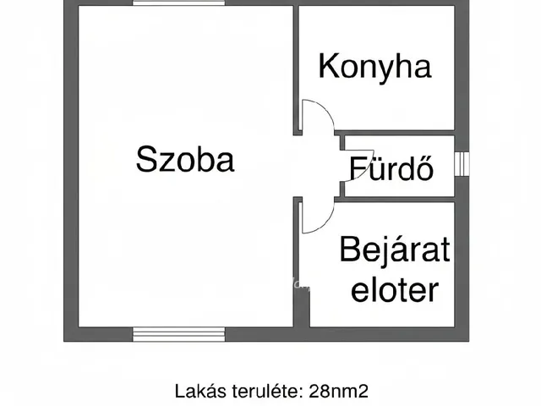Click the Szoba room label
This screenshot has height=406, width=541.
pos(184,159)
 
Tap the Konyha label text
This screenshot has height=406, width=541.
pos(374,66)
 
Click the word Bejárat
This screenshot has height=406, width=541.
pos(395,250)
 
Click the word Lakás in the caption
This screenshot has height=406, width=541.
pos(199,391)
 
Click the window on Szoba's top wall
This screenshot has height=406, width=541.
pos(179,3)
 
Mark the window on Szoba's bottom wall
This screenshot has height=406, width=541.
pos(179,334)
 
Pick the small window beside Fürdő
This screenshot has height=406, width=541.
pos(461,163)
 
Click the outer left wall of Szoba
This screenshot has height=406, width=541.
pos(71,169)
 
